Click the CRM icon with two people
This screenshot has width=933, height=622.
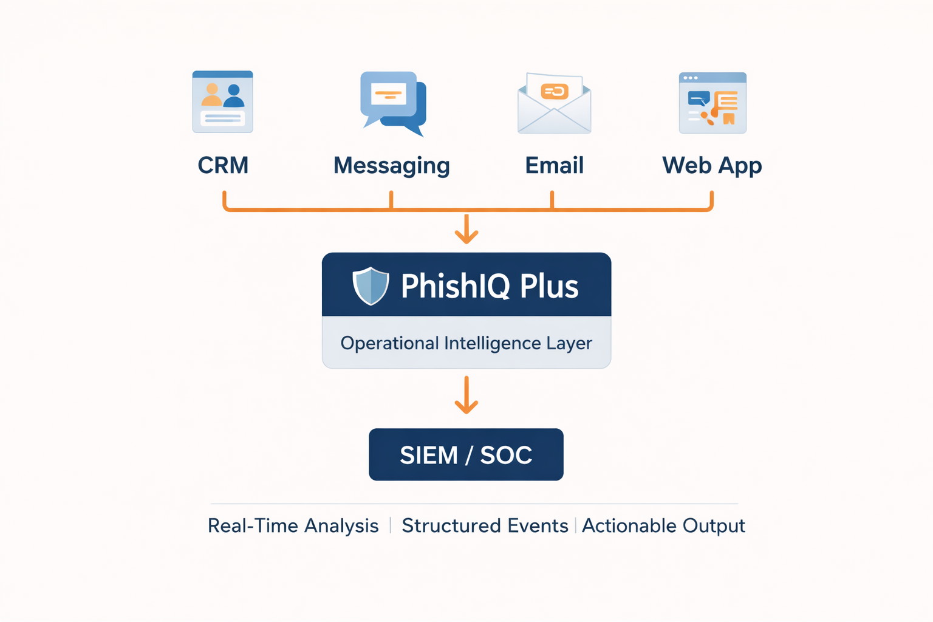[x=222, y=102]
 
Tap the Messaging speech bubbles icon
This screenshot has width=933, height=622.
[x=393, y=103]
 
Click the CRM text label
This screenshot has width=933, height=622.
[x=223, y=165]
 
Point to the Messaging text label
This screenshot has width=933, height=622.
[x=391, y=166]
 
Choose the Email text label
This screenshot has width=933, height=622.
[x=554, y=165]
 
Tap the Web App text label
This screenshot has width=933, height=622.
[x=712, y=166]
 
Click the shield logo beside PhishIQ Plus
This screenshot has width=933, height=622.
[x=371, y=285]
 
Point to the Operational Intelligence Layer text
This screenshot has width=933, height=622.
[x=466, y=343]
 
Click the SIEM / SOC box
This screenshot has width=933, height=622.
[x=466, y=454]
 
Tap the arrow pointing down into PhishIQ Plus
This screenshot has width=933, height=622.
[x=466, y=230]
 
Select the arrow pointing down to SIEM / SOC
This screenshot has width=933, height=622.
[x=466, y=395]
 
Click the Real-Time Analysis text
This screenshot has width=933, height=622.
[x=293, y=525]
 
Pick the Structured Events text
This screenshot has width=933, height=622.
[x=484, y=525]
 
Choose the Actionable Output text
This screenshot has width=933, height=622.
[x=663, y=525]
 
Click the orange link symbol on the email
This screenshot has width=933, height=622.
[x=554, y=91]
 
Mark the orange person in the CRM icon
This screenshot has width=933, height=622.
[x=211, y=95]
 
